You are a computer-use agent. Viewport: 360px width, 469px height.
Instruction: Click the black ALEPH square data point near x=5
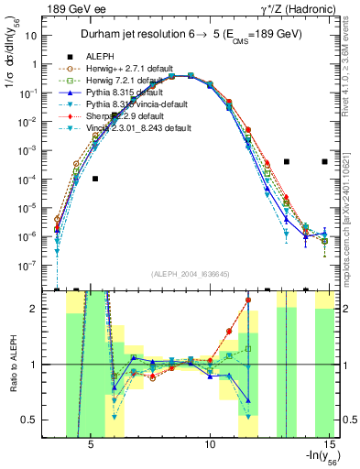point(94,179)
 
